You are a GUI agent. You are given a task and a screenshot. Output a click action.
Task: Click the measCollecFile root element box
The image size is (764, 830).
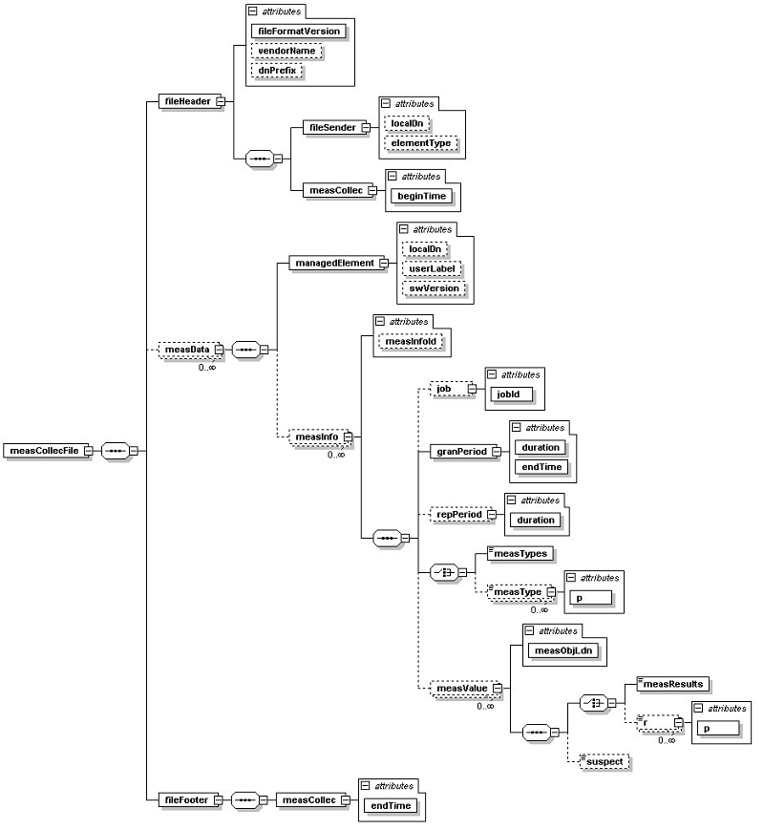(x=43, y=451)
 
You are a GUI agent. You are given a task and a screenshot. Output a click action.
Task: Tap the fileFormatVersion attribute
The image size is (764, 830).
(x=298, y=31)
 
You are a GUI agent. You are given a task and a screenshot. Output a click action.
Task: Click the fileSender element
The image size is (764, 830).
(x=330, y=126)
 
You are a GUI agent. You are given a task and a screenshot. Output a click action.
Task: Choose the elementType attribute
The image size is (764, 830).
(x=420, y=143)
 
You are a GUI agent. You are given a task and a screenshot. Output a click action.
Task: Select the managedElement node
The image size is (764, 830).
(x=333, y=263)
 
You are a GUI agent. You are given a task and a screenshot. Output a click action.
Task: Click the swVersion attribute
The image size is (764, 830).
(x=434, y=288)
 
